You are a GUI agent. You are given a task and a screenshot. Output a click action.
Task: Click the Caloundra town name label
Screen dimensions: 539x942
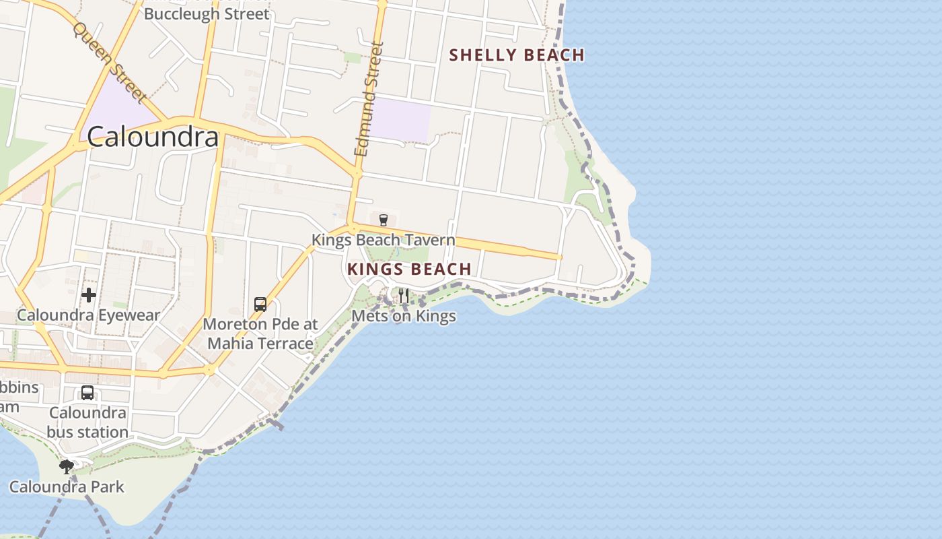(153, 137)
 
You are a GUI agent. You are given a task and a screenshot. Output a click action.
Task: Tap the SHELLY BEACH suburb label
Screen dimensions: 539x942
(516, 55)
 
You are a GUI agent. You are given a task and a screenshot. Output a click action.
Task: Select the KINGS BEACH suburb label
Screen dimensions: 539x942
(409, 269)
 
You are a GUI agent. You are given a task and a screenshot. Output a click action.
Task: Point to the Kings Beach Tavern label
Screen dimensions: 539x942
(383, 240)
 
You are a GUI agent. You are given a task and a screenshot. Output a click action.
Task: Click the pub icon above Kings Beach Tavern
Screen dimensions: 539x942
(384, 220)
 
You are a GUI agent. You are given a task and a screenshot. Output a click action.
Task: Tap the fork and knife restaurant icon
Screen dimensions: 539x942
(404, 295)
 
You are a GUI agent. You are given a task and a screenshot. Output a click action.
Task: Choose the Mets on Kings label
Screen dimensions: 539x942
(404, 316)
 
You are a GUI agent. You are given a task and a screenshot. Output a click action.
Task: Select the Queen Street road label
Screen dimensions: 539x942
(109, 63)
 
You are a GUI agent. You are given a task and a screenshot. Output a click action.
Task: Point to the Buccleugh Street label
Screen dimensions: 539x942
(207, 13)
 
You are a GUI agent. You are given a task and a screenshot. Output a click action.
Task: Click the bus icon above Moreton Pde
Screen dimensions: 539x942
(260, 305)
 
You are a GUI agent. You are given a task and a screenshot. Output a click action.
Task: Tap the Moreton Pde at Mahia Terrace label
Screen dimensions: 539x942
(260, 334)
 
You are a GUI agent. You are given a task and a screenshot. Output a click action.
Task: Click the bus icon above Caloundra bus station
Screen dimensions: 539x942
(87, 393)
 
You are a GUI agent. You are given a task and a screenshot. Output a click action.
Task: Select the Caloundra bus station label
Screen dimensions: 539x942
(87, 422)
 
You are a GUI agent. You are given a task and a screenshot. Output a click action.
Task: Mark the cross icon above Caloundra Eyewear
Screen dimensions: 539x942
(89, 295)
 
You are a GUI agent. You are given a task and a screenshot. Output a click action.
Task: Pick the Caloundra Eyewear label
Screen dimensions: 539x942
(88, 315)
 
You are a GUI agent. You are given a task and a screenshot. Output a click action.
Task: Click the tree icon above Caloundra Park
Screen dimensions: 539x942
(67, 466)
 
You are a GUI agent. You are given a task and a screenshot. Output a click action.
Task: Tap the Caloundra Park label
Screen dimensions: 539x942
(67, 486)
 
